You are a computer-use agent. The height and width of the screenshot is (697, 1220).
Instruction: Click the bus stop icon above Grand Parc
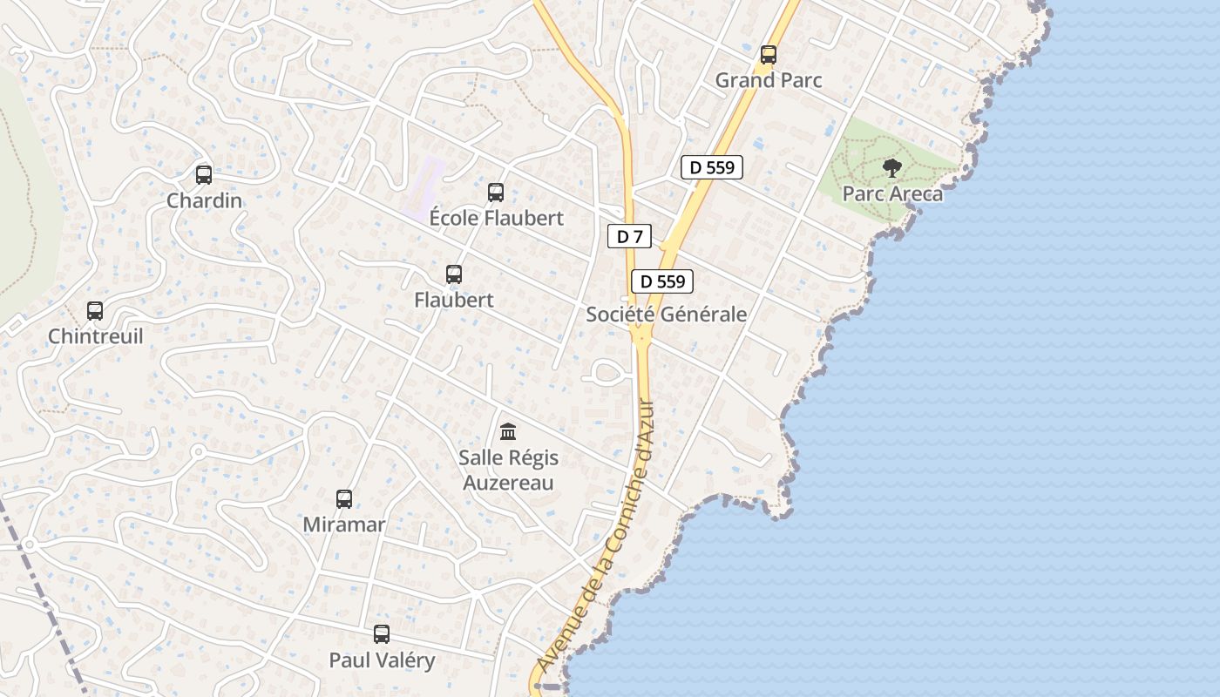pos(768,54)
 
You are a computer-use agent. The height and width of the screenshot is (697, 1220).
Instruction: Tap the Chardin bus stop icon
pos(204,174)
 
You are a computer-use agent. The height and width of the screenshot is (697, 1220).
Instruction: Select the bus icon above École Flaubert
pos(496,192)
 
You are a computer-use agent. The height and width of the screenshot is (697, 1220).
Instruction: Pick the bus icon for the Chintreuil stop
pos(95,310)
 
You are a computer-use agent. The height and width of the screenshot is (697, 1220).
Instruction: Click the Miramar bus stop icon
pos(344,498)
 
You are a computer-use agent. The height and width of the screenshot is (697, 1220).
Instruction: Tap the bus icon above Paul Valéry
pos(382,633)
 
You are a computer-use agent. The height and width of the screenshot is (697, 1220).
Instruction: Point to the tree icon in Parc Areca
pos(891,167)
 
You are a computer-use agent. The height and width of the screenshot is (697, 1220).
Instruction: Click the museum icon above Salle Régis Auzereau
pos(508,431)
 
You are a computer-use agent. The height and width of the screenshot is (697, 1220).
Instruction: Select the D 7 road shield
pos(629,236)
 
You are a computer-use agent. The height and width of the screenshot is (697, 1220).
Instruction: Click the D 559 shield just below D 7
pos(662,281)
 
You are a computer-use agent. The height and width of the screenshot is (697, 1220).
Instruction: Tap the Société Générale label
pos(666,315)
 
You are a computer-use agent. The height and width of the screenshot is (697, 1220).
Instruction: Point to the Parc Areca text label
pos(892,193)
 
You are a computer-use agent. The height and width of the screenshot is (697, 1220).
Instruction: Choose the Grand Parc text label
pos(769,80)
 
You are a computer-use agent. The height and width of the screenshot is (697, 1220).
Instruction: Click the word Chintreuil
pos(95,336)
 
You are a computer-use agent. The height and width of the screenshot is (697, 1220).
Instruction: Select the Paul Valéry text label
pos(382,660)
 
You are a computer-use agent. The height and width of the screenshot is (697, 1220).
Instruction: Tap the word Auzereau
pos(508,483)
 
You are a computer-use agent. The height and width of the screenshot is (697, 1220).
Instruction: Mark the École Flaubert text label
pos(497,218)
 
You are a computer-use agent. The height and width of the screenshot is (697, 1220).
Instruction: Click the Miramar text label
pos(344,524)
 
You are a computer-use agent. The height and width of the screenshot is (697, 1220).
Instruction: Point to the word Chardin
pos(204,200)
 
